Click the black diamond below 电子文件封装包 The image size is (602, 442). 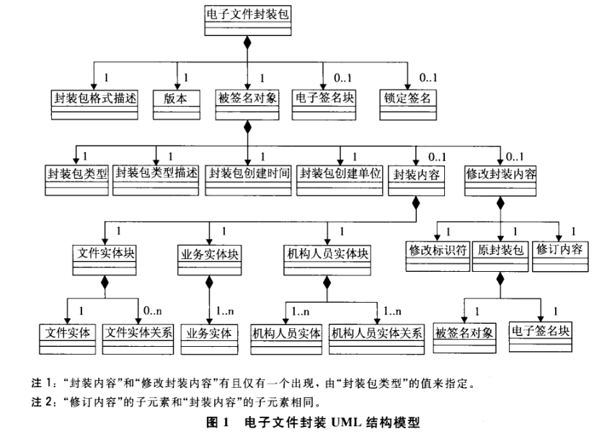[x=247, y=43]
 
